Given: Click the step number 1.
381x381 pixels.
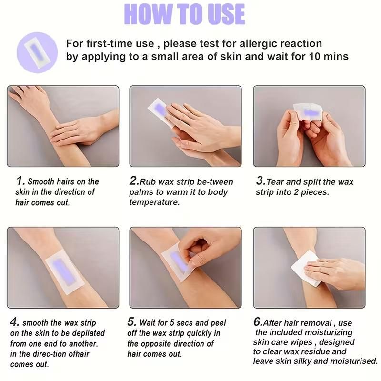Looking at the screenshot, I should [x=20, y=181].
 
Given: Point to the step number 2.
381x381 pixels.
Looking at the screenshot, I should [x=134, y=181].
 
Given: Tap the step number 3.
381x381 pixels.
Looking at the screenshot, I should [x=260, y=181].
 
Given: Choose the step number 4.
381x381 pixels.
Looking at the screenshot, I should [x=14, y=322].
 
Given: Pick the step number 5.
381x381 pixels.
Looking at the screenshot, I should [x=132, y=322].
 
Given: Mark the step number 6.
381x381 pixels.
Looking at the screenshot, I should [x=258, y=322].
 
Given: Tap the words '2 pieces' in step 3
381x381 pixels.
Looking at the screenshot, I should [x=312, y=192].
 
